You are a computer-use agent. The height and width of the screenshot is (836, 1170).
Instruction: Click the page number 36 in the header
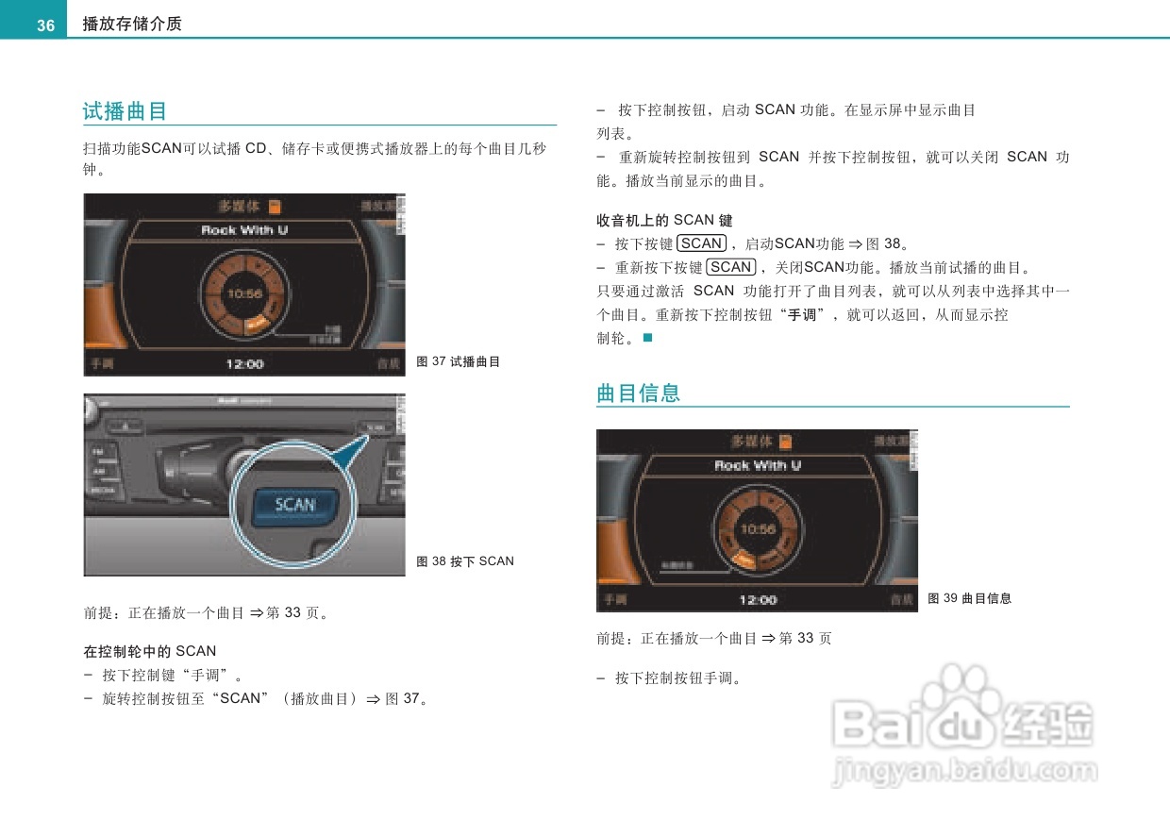pyautogui.click(x=45, y=25)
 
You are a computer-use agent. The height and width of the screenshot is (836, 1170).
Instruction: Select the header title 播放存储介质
pyautogui.click(x=132, y=25)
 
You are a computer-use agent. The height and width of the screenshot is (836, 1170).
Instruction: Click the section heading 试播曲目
pyautogui.click(x=125, y=111)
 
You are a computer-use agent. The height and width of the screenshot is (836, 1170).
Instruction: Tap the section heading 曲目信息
pyautogui.click(x=638, y=393)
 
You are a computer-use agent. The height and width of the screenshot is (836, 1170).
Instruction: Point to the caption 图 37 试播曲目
pyautogui.click(x=459, y=361)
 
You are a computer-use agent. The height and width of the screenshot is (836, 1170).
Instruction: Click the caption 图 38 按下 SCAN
pyautogui.click(x=465, y=561)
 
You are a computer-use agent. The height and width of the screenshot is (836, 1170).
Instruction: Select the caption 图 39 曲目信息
pyautogui.click(x=970, y=598)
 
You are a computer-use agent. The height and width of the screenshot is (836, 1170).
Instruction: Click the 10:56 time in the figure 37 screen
pyautogui.click(x=243, y=294)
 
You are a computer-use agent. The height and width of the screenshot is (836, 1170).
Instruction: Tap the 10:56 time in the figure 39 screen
pyautogui.click(x=757, y=529)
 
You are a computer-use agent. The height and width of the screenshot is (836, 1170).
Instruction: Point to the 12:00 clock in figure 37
pyautogui.click(x=244, y=364)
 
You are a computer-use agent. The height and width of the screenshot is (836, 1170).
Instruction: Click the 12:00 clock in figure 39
pyautogui.click(x=757, y=600)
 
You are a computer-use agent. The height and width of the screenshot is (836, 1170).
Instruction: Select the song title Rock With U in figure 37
pyautogui.click(x=244, y=230)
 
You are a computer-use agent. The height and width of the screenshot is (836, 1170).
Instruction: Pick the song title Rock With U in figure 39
pyautogui.click(x=757, y=465)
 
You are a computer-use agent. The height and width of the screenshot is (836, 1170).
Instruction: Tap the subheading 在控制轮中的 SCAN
pyautogui.click(x=150, y=651)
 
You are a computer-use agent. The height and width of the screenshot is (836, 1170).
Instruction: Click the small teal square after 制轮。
pyautogui.click(x=647, y=338)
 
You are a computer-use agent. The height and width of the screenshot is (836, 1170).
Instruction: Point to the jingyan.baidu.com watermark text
pyautogui.click(x=964, y=772)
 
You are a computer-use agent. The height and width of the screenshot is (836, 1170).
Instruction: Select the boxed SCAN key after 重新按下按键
pyautogui.click(x=731, y=267)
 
